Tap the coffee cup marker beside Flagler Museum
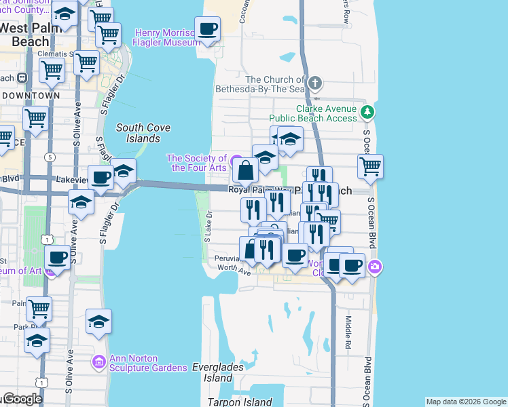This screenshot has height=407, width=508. coord(207,30)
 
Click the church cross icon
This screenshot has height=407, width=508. coord(314,83)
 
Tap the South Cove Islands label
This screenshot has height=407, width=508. coord(143,132)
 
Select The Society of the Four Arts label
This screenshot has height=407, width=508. coord(196,163)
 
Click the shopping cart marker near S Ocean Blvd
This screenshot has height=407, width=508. coord(369,166)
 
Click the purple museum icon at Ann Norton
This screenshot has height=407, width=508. coord(98,363)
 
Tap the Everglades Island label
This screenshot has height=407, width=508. coord(212,372)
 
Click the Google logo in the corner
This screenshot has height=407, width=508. coord(22,399)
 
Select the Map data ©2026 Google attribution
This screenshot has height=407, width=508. coord(466,402)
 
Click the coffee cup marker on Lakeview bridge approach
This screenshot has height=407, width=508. coord(101,178)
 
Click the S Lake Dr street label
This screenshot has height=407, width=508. coord(208,226)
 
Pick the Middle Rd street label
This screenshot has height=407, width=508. coord(347,328)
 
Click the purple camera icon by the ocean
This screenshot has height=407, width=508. coord(374,268)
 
